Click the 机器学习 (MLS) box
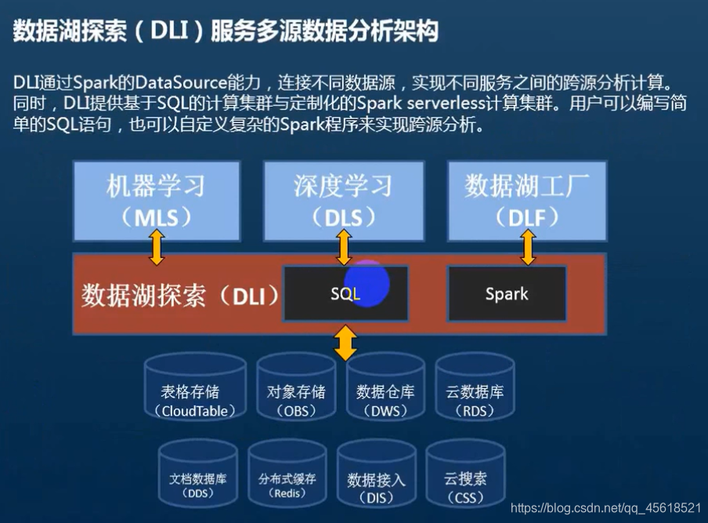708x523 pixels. click(156, 200)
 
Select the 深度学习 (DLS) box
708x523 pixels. click(343, 200)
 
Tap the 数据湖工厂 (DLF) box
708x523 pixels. click(527, 200)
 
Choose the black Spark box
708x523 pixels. click(507, 293)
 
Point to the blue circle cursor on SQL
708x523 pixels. click(367, 285)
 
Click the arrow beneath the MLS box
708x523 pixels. click(157, 247)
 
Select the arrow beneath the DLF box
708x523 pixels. click(528, 247)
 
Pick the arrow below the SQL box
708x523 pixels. click(345, 343)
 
